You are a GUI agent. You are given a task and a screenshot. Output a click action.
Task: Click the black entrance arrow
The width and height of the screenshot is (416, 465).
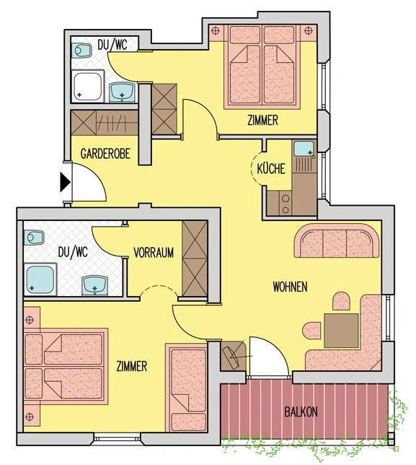[65, 182]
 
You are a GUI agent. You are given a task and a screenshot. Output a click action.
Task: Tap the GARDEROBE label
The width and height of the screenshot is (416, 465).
[105, 154]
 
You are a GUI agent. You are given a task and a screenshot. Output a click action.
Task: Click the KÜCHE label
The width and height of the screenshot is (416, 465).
[271, 168]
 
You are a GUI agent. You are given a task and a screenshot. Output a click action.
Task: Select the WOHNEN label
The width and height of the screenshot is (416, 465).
[290, 287]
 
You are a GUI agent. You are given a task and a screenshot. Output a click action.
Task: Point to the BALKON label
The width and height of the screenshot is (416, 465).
[301, 412]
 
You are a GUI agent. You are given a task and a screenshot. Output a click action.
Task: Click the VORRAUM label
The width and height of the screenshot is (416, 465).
[154, 253]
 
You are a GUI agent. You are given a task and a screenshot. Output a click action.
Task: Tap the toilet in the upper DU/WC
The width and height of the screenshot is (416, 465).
[81, 51]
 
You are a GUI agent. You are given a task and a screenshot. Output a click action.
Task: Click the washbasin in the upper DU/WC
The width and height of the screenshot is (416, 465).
[122, 92]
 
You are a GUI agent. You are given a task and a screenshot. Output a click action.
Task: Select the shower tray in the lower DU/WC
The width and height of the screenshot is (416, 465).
[40, 279]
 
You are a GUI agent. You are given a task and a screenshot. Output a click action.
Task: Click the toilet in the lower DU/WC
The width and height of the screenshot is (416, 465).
[34, 238]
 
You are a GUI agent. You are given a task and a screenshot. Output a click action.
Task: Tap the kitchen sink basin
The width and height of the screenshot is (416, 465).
[304, 149]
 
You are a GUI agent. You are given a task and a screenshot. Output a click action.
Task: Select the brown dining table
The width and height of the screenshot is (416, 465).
[341, 331]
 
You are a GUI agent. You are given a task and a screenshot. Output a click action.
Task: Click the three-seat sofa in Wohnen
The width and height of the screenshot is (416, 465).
[337, 241]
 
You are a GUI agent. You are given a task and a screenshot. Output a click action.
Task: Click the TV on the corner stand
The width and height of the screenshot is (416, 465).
[233, 358]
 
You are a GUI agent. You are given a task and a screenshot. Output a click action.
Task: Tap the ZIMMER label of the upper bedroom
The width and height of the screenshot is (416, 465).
[263, 121]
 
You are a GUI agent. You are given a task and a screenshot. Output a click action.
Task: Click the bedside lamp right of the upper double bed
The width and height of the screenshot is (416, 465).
[309, 30]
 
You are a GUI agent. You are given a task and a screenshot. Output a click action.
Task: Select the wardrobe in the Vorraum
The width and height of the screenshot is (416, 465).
[195, 258]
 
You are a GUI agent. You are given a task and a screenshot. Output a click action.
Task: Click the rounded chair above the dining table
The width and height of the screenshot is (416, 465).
[341, 301]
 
